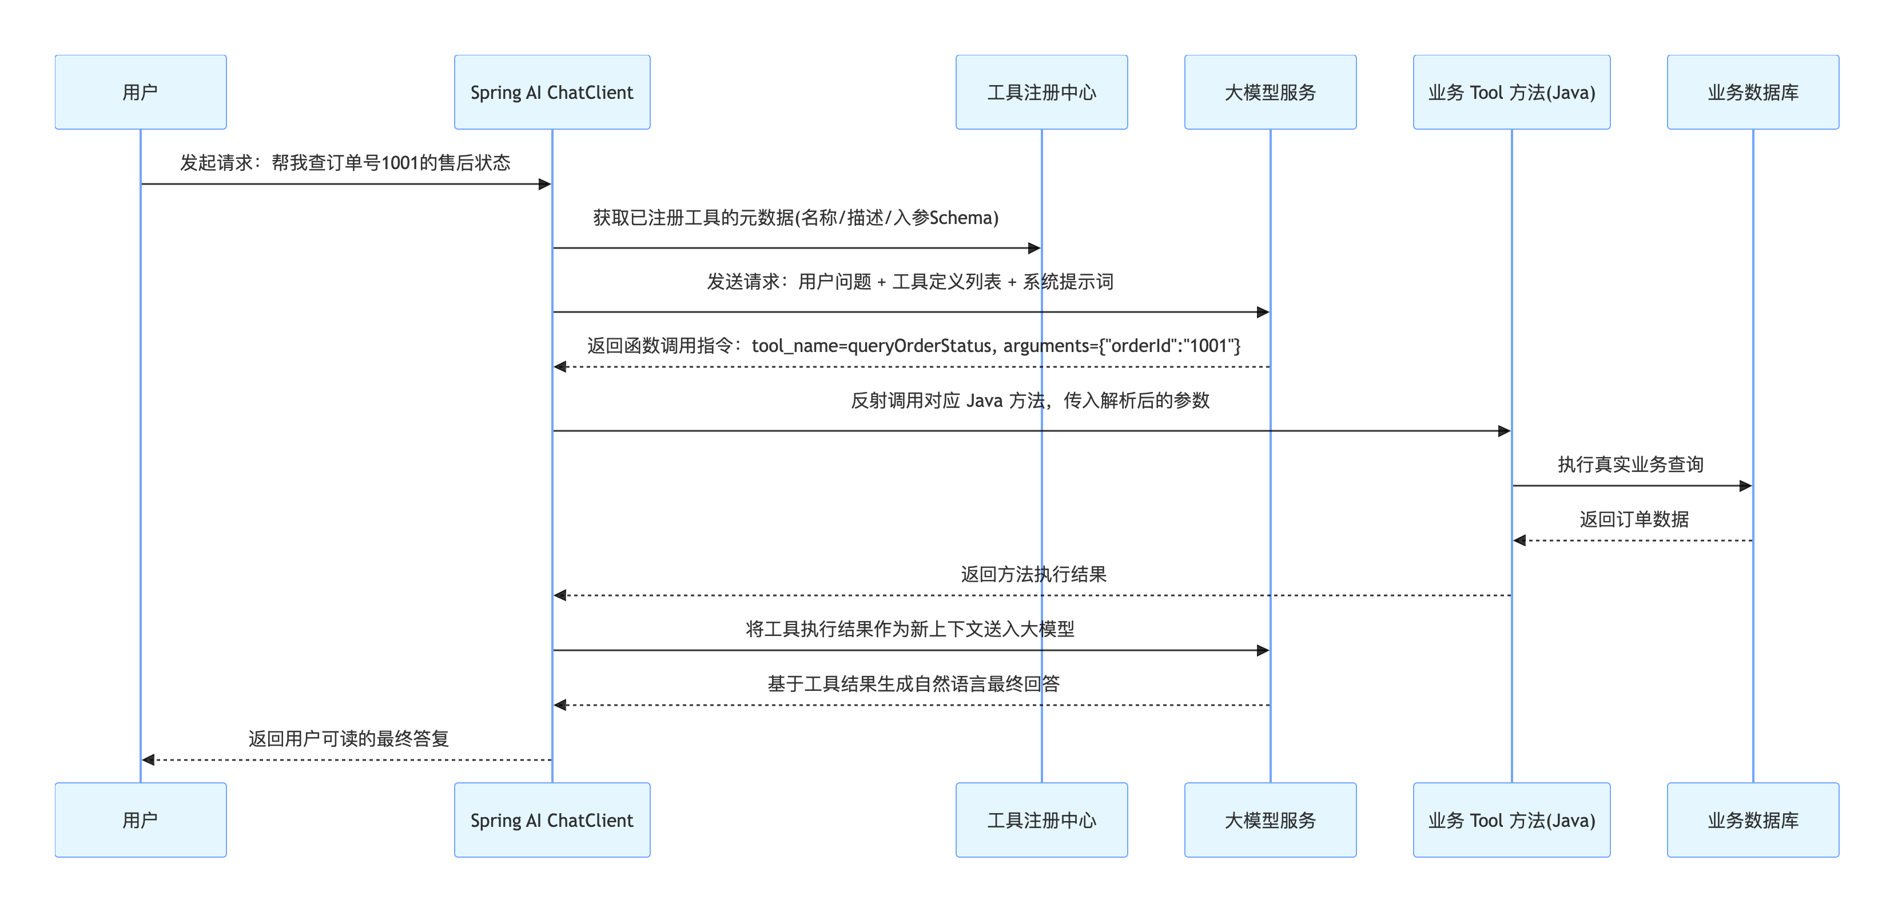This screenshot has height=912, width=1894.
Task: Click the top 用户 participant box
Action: pos(141,92)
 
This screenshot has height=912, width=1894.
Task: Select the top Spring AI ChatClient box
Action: pos(552,92)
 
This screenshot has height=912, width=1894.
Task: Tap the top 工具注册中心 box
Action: pos(1041,92)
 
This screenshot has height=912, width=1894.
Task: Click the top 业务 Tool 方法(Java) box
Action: pos(1511,92)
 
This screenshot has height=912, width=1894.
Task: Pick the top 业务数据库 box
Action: pos(1753,92)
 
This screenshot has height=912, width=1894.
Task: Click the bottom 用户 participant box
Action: pos(141,819)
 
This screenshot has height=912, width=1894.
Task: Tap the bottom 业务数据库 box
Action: pos(1753,819)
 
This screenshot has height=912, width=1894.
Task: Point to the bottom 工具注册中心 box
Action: pos(1041,819)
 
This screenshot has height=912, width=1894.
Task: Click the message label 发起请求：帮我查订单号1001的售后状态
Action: pos(345,162)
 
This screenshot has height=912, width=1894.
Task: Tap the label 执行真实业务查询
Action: pos(1630,465)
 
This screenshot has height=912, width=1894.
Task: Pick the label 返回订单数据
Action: pos(1634,519)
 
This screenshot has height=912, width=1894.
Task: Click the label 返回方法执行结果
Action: pos(1033,574)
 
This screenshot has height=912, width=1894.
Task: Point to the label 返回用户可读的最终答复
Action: pos(348,738)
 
